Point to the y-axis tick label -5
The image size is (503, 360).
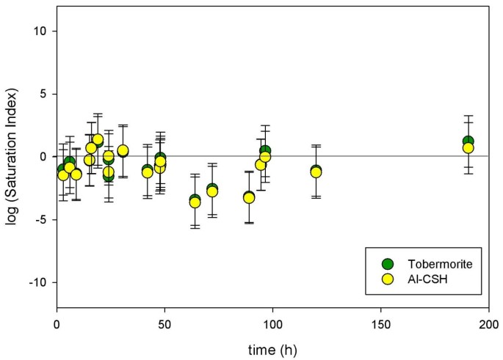coord(42,219)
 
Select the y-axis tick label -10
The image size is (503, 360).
coord(39,282)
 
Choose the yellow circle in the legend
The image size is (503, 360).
coord(388,279)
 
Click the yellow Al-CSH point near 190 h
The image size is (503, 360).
coord(468,148)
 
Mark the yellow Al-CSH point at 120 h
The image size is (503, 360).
coord(316,172)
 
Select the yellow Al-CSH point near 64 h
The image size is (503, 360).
coord(195,202)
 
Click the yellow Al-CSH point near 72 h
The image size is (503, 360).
coord(212,191)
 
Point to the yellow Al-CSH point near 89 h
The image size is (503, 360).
coord(249,198)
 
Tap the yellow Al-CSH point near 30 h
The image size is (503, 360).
coord(123,150)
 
